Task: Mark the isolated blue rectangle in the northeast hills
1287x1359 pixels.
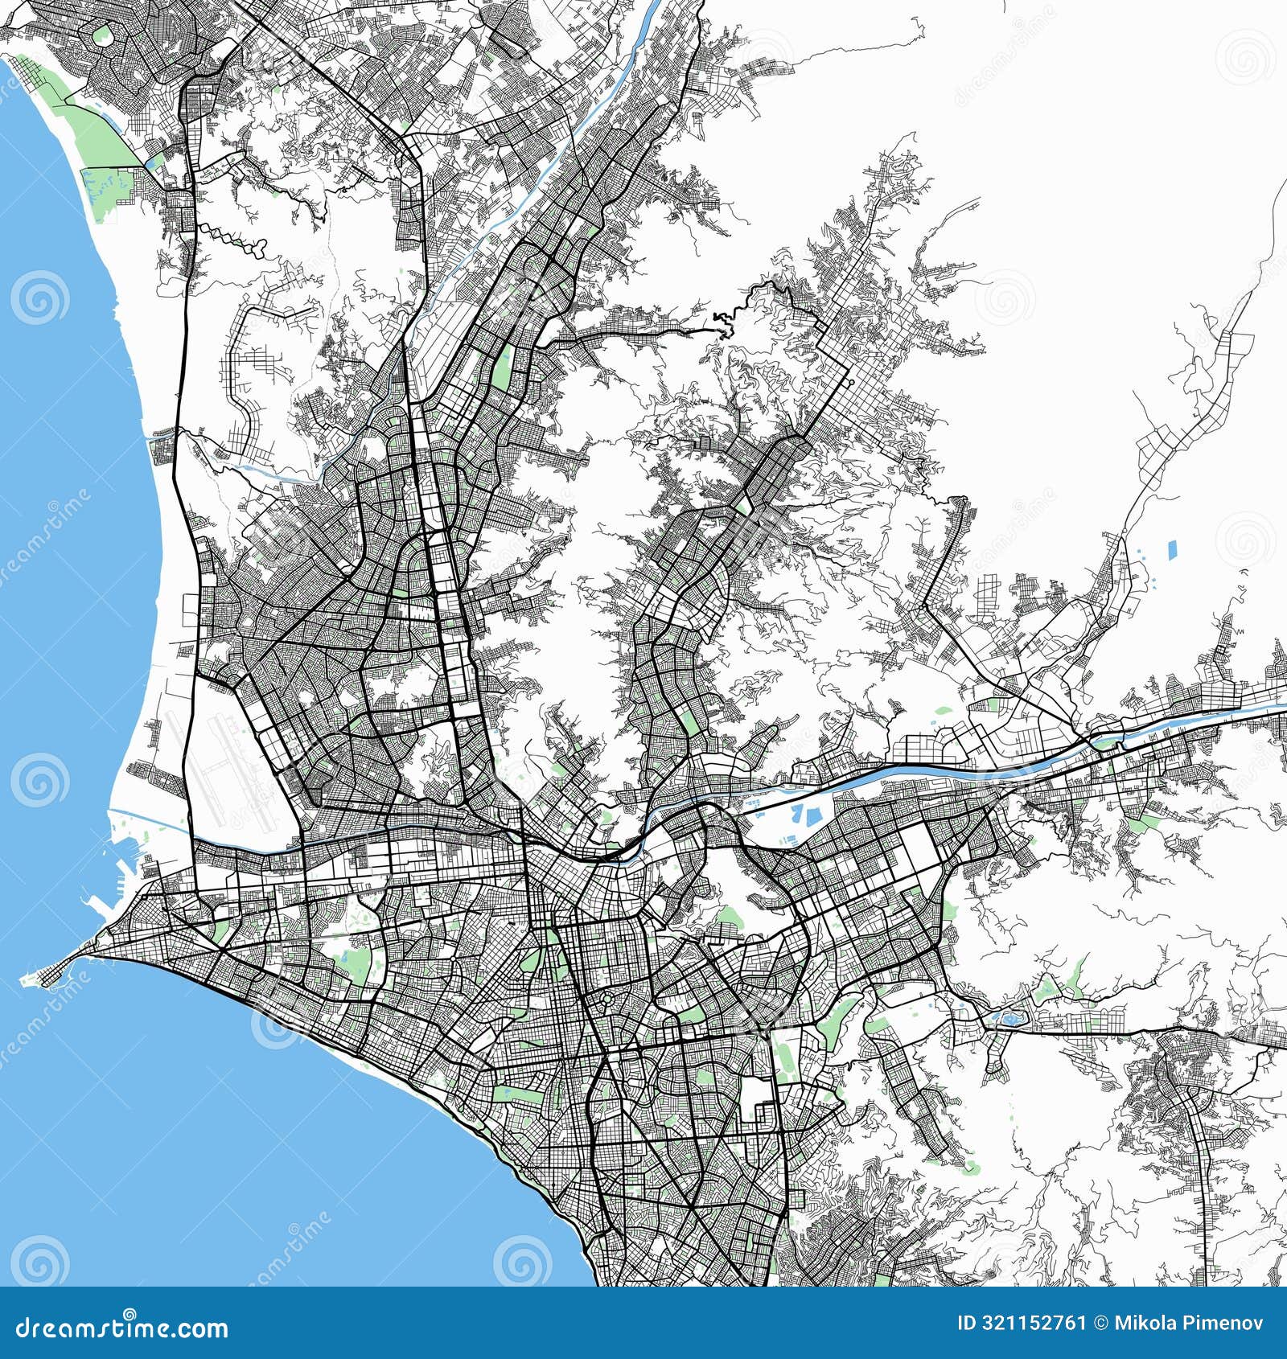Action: [x=1170, y=550]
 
